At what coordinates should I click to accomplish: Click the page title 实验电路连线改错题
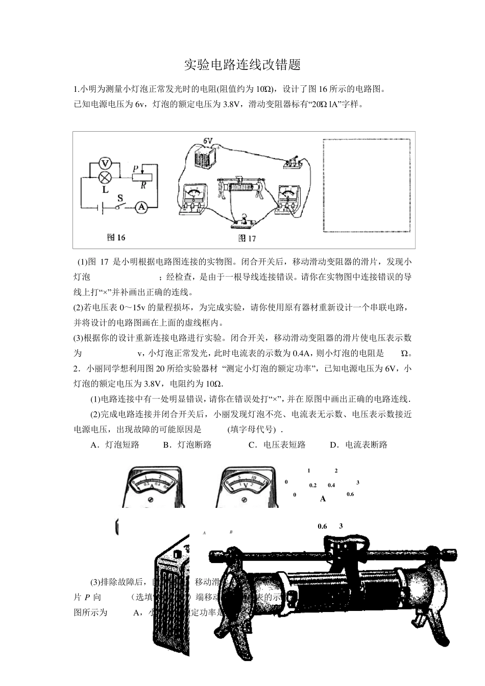tap(242, 65)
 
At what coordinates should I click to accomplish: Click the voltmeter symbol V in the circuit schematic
tap(105, 163)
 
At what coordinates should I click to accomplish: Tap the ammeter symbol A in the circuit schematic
tap(141, 207)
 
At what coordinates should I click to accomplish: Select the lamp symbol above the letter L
tap(105, 178)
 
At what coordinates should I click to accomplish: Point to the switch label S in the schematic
tap(120, 197)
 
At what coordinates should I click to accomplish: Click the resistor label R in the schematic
tap(143, 186)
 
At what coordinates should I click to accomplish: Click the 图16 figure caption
tap(116, 237)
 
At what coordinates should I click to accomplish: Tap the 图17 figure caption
tap(247, 238)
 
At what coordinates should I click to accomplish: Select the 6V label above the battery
tap(208, 140)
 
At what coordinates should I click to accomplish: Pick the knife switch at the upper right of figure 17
tap(294, 163)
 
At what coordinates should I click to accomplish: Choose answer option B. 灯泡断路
tap(187, 445)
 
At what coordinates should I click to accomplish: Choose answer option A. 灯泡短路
tap(115, 445)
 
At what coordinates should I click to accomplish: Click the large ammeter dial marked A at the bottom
tap(152, 486)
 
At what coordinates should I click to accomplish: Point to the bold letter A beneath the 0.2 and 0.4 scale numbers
tap(323, 499)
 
